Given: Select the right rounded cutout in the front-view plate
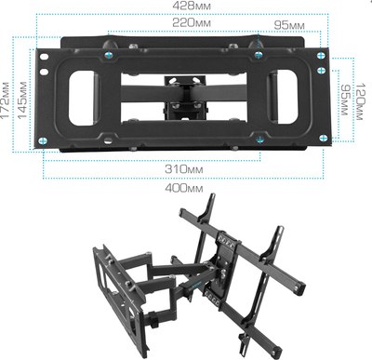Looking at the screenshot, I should pos(285,96).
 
